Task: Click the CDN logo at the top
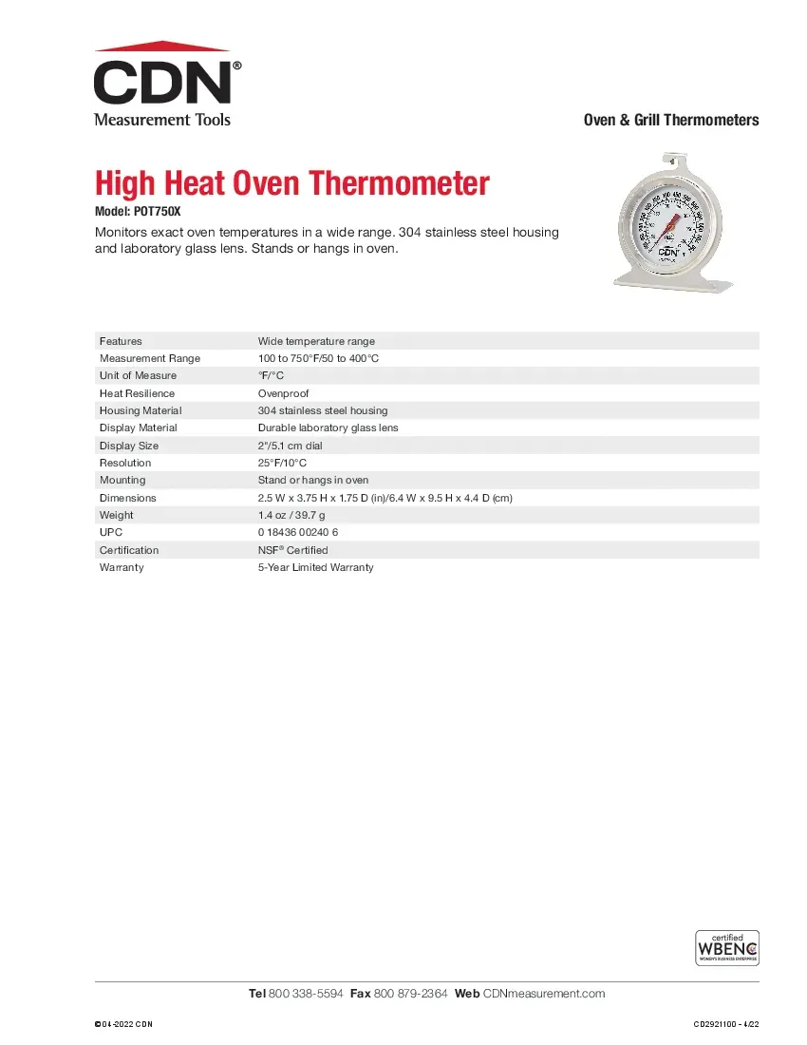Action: click(163, 84)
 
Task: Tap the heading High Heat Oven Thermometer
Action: click(292, 182)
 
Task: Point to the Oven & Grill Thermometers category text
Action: click(670, 120)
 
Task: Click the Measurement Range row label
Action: click(150, 358)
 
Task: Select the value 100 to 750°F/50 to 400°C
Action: click(318, 358)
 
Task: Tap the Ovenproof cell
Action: click(283, 393)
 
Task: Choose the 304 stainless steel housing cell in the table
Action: click(323, 410)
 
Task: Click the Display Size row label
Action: click(129, 446)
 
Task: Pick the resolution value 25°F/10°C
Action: click(283, 463)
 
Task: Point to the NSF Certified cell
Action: click(292, 550)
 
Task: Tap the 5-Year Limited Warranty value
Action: click(316, 567)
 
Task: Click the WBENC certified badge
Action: click(727, 948)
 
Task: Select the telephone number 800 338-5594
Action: click(306, 994)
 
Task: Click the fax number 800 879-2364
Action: click(411, 994)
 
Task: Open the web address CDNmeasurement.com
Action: click(544, 994)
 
